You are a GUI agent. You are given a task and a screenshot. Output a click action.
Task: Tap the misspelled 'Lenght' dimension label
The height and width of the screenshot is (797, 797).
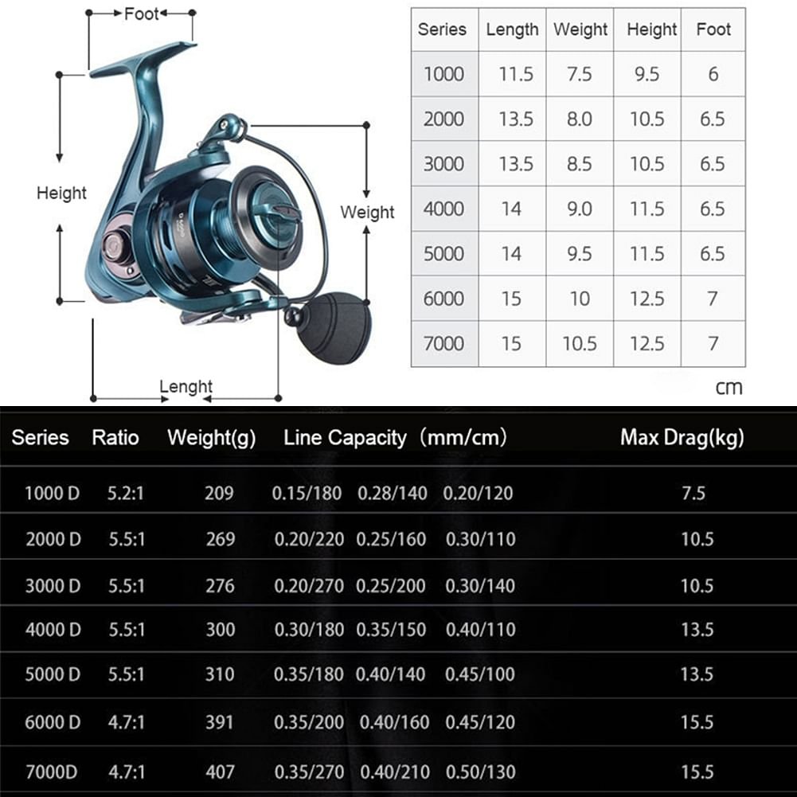(x=186, y=387)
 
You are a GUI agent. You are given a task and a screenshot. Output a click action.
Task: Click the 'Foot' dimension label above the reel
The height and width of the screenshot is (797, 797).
(x=141, y=14)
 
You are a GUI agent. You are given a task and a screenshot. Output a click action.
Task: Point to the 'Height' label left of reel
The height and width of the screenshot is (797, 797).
(x=61, y=193)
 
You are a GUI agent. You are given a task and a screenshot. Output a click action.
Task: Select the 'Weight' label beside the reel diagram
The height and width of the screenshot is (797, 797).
(x=367, y=212)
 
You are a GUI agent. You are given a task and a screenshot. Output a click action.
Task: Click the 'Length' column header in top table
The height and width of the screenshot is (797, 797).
(x=512, y=29)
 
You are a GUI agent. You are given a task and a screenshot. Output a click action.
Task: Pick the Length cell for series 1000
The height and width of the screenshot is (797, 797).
(x=516, y=74)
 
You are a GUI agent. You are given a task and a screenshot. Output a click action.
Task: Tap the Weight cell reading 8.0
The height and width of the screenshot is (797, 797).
(x=580, y=119)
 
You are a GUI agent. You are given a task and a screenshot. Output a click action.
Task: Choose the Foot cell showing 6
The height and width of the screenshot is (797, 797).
(x=713, y=74)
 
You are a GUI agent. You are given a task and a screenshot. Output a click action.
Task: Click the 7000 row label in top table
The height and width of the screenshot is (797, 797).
(x=443, y=344)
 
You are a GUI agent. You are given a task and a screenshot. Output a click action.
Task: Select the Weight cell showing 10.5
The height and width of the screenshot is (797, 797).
(x=580, y=344)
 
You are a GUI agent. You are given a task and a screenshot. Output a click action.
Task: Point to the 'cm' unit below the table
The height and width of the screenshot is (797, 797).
(x=729, y=388)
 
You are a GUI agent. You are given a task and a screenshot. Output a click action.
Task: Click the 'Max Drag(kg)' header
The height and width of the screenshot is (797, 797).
(x=682, y=438)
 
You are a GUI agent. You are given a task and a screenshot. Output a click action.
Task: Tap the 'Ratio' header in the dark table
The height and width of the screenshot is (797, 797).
(x=115, y=438)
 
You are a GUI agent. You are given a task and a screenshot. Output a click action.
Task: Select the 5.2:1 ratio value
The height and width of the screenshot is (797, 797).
(x=126, y=493)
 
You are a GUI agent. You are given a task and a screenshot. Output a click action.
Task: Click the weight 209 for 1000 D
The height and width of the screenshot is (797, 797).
(x=219, y=493)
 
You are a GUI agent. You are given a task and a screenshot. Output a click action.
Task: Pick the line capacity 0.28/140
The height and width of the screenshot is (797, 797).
(x=393, y=493)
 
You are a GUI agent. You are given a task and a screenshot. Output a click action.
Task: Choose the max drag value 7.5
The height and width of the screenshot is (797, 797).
(x=693, y=493)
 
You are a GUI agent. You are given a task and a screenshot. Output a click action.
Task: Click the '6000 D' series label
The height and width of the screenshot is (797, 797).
(x=53, y=722)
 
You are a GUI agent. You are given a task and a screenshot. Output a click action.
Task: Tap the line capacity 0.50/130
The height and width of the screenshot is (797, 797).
(x=480, y=772)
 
